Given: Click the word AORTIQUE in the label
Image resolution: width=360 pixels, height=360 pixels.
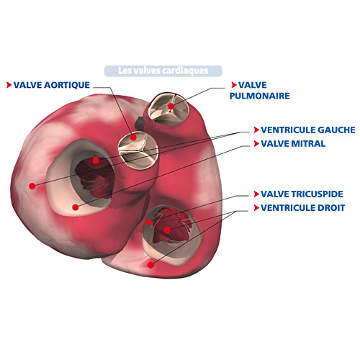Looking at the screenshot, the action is [x=67, y=85].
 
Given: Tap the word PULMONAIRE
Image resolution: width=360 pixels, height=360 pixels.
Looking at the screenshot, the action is [x=260, y=96].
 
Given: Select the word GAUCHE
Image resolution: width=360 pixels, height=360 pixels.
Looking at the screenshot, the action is [x=336, y=130].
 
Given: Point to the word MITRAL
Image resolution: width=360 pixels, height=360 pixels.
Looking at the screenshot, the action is [x=308, y=143].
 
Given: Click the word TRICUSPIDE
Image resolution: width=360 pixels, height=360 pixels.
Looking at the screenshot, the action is [x=317, y=194].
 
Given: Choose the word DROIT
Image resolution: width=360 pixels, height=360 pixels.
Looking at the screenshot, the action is [x=331, y=207].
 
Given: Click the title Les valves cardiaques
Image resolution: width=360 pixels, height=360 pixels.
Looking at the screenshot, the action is [x=163, y=71].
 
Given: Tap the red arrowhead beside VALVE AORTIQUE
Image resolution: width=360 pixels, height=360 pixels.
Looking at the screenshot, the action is [x=9, y=85].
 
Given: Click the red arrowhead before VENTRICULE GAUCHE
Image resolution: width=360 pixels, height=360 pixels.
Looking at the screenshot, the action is [x=256, y=130].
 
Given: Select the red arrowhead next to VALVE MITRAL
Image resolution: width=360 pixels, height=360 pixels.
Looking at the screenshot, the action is [x=256, y=143].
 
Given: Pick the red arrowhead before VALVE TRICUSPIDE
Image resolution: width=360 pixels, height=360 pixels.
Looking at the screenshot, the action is [x=256, y=194].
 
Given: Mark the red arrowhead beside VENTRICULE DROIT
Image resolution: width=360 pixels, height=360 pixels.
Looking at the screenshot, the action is [x=256, y=208].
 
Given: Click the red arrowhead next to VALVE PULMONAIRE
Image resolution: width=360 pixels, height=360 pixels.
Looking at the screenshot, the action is [x=234, y=85].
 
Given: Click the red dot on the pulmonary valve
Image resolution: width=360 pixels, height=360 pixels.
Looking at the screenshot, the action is [x=171, y=106].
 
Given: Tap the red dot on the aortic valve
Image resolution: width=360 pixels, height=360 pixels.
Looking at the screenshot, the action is [x=133, y=138].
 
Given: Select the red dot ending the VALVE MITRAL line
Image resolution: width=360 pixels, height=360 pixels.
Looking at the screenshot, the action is [x=76, y=207].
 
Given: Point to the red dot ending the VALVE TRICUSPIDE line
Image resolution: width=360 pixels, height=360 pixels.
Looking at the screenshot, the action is [x=148, y=222].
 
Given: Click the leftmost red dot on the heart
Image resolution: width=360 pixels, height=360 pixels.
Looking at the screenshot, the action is [x=32, y=186].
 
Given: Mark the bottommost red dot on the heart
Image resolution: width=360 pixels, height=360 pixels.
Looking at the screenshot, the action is [x=150, y=265].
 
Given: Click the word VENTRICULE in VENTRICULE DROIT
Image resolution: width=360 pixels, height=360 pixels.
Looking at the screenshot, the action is [x=288, y=207].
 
